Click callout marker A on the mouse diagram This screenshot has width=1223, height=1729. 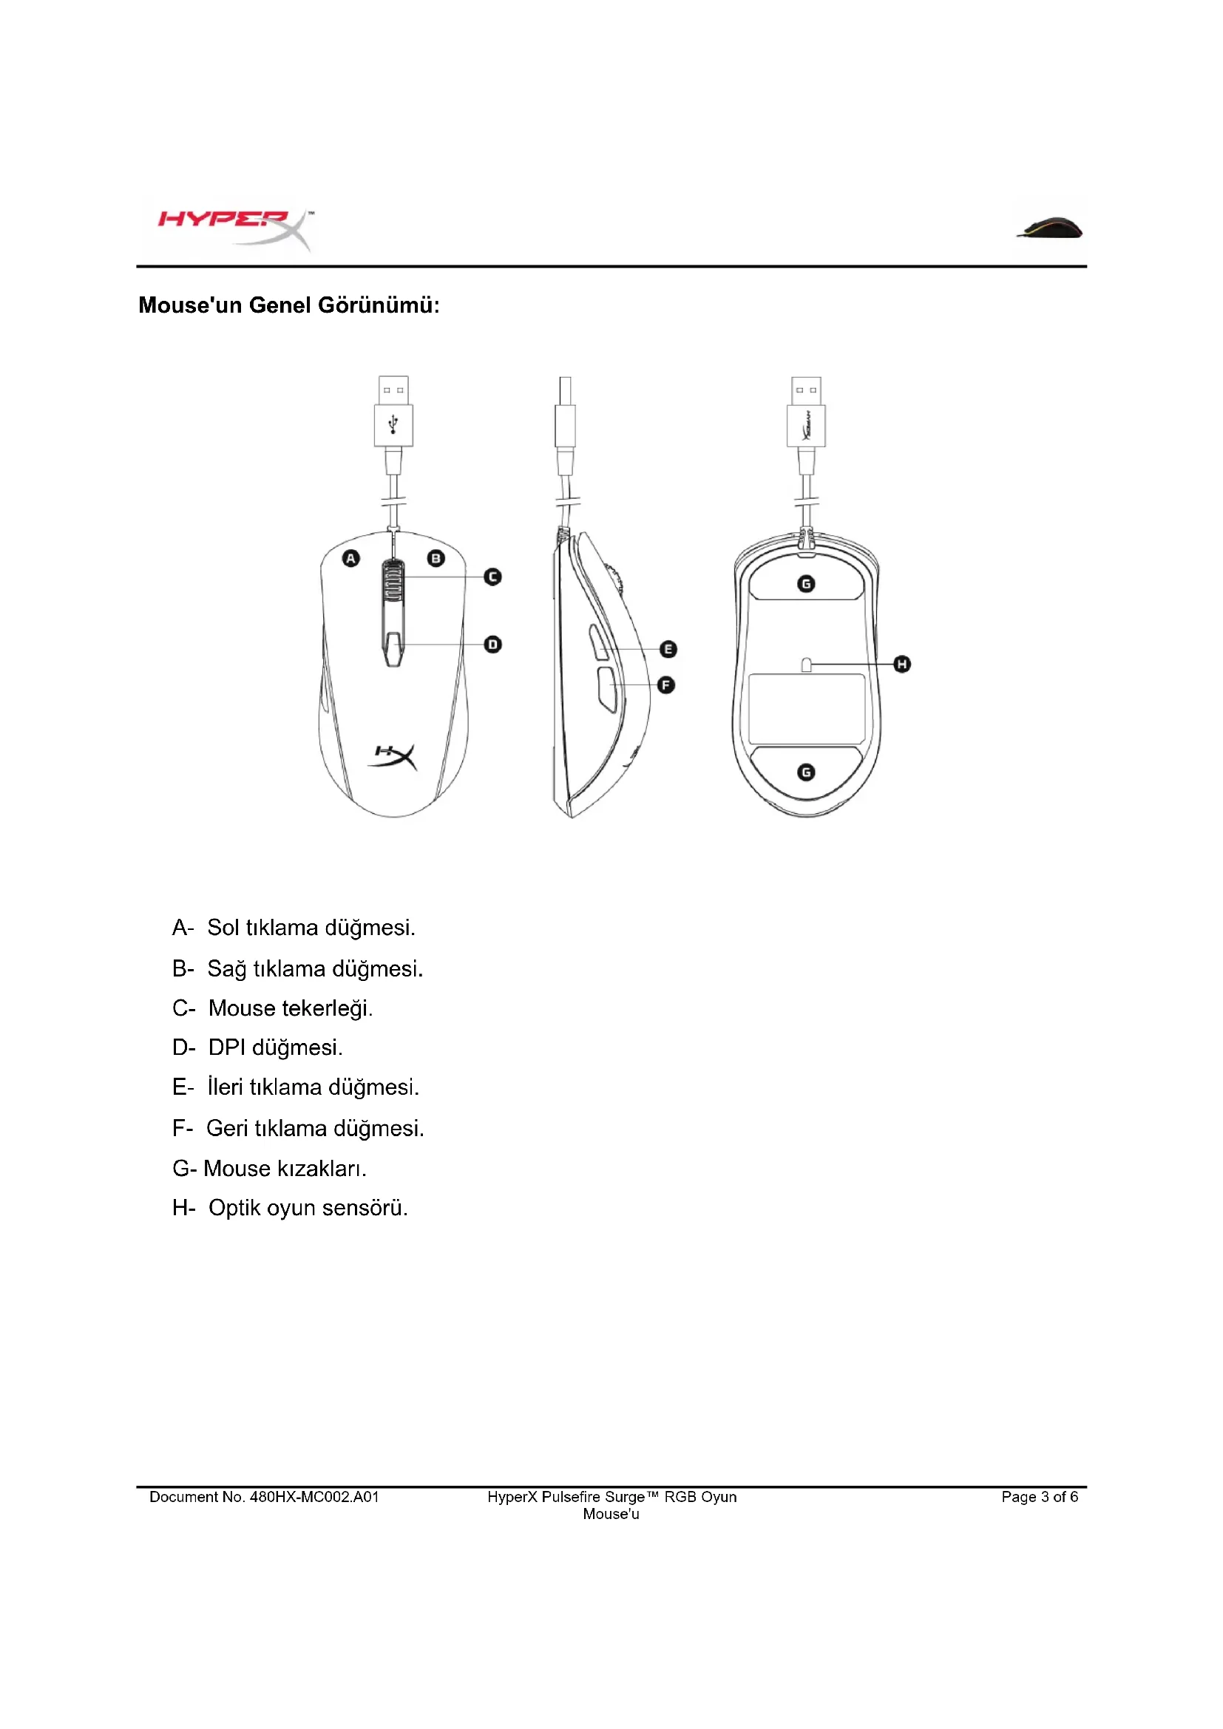[x=351, y=558]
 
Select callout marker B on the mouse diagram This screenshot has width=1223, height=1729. [x=436, y=558]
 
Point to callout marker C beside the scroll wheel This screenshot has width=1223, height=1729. [x=492, y=577]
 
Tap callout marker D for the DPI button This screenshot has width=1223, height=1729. [x=492, y=645]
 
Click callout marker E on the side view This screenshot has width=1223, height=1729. [x=668, y=649]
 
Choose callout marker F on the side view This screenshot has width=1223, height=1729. [x=665, y=685]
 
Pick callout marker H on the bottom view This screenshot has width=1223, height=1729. [x=902, y=665]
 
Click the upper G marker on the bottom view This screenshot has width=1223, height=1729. [x=806, y=584]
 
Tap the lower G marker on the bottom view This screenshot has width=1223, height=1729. [x=806, y=772]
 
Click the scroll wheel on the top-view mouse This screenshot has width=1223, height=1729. [x=393, y=582]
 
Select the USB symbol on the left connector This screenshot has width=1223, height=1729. [x=393, y=425]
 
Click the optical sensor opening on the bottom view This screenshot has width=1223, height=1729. [x=806, y=665]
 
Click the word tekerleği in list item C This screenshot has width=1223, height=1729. [x=328, y=1008]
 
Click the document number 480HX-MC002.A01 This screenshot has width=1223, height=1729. [x=314, y=1497]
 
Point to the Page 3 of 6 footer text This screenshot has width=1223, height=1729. [x=1039, y=1497]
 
